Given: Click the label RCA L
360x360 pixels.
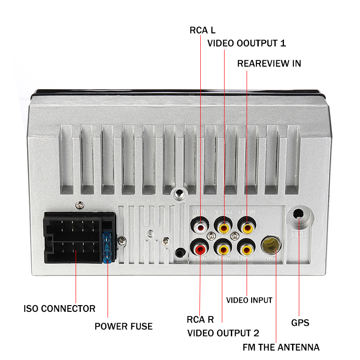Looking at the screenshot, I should coord(202,31).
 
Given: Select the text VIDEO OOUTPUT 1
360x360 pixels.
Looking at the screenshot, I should coord(246,43).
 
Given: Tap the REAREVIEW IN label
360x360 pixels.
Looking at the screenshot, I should coord(269,63).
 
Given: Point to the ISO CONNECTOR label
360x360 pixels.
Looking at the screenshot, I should coord(59,309).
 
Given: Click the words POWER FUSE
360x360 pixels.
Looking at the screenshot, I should coord(123,326).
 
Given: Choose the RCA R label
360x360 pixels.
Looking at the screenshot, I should coord(200,320).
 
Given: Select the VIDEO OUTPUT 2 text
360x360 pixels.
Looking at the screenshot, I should coord(223,333).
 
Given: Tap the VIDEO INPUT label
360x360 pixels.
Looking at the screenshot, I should coord(249,300).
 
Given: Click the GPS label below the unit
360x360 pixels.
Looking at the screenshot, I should coord(300,323).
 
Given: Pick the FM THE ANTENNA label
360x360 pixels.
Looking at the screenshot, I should coord(281,347).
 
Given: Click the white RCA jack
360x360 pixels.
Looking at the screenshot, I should coord(199,225).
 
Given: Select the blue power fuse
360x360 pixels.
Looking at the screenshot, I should coord(108,248).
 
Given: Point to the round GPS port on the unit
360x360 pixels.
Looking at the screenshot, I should coord(299,216).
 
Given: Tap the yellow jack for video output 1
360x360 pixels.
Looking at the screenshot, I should coord(223,225).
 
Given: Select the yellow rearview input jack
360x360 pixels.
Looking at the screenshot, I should coord(246,225).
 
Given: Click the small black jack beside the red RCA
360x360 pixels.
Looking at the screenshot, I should coord(180,253).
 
